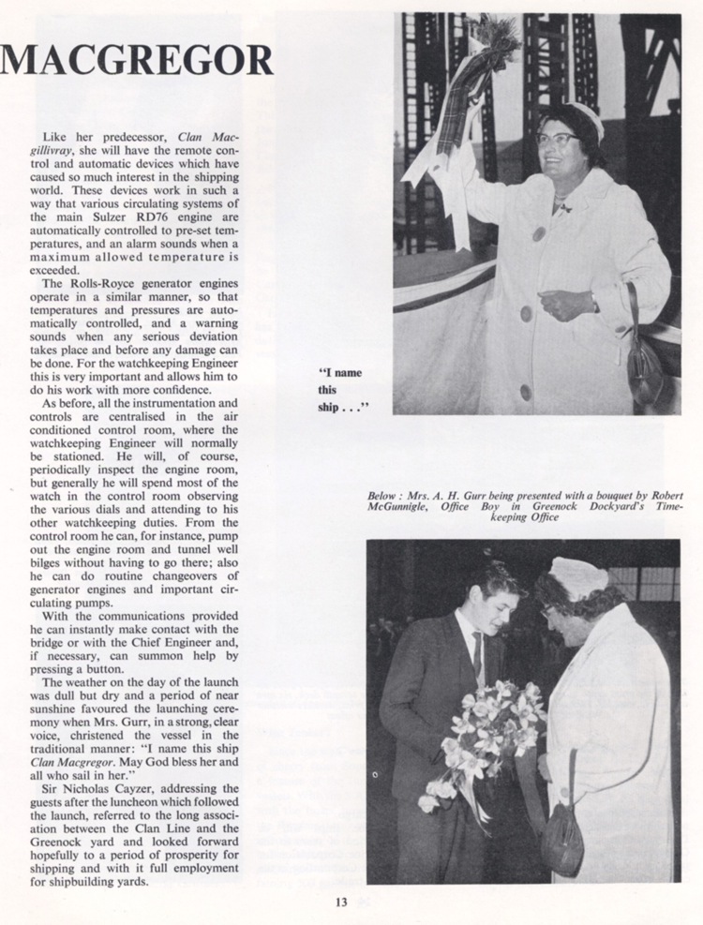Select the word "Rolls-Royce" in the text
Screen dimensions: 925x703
[112, 283]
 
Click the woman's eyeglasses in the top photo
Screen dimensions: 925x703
[558, 137]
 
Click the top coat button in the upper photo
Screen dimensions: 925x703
[540, 233]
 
